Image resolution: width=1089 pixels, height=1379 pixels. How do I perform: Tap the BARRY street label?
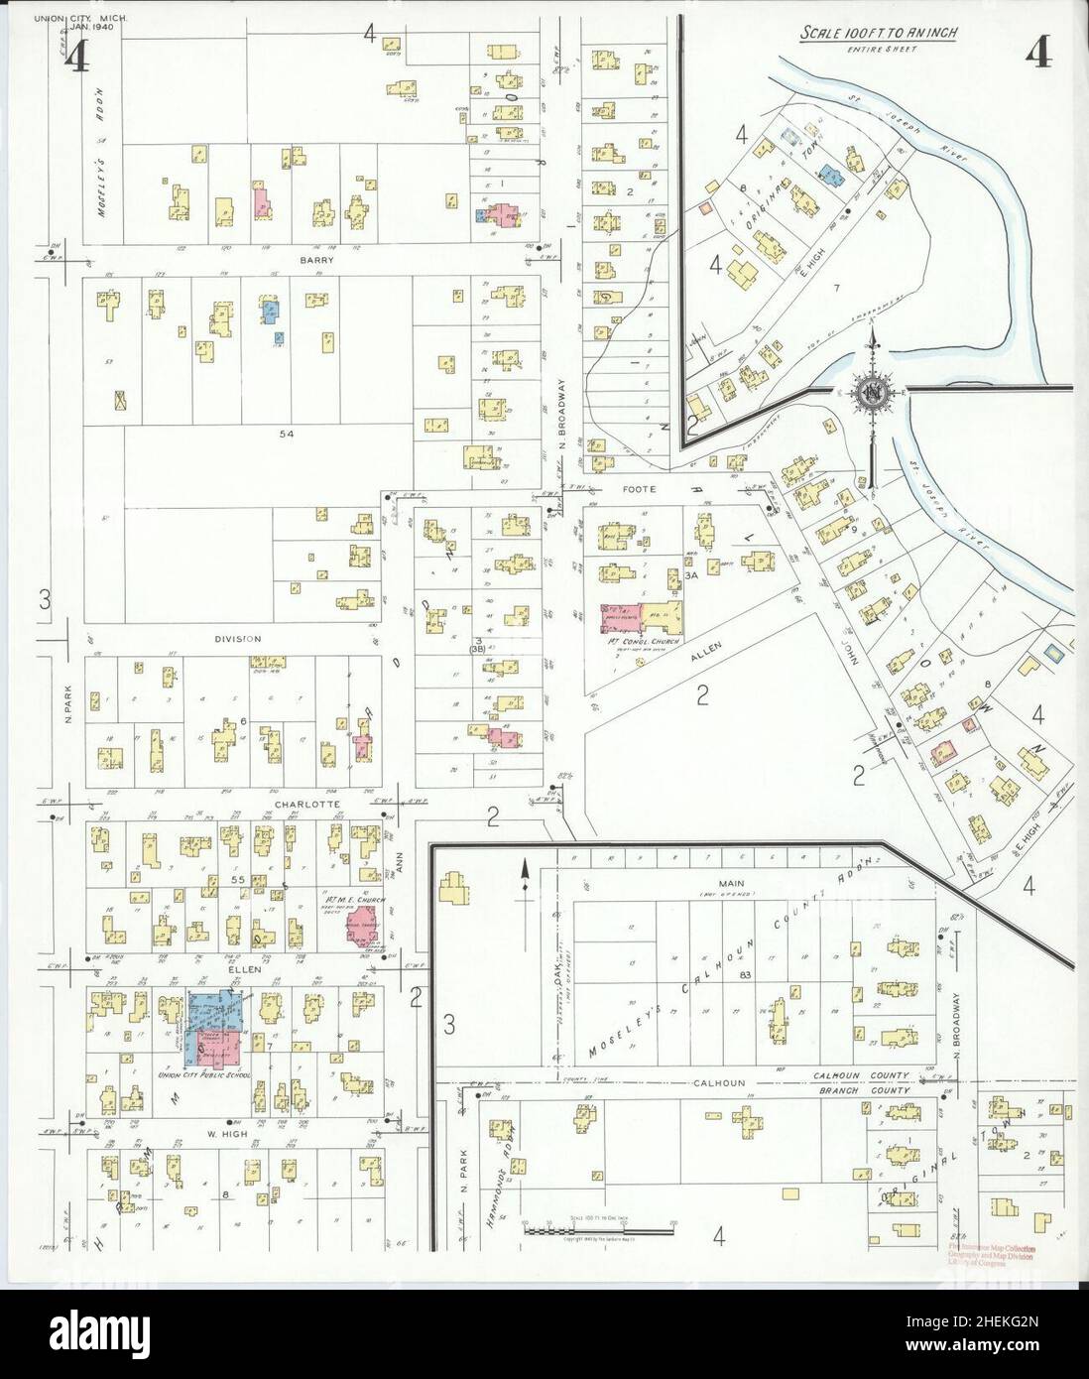(317, 260)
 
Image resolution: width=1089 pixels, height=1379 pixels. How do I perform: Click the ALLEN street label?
(709, 648)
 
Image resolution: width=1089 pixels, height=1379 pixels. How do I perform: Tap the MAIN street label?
(735, 882)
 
